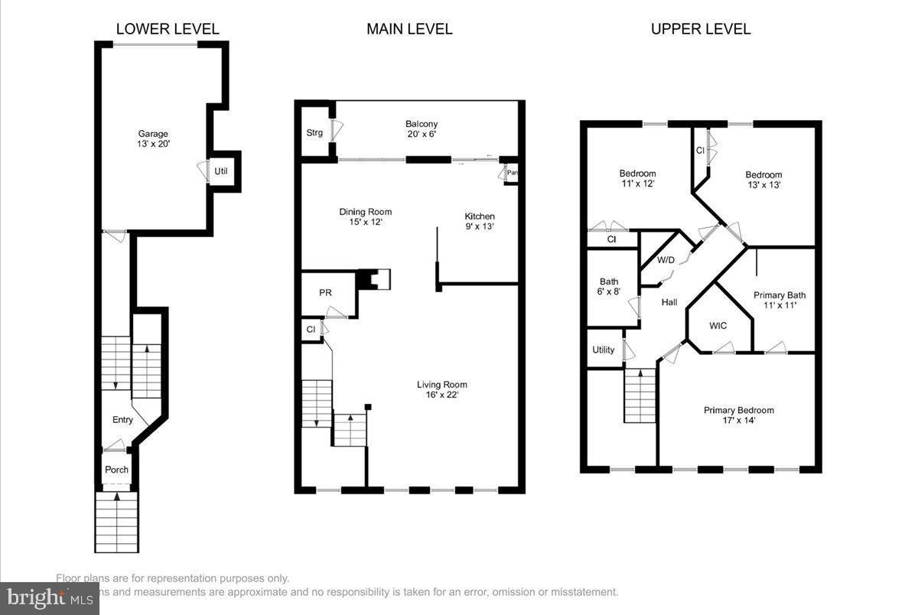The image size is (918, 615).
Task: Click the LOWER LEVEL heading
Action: pos(168,29)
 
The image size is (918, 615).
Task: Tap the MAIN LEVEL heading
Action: pos(409,29)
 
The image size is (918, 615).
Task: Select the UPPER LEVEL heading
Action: pos(700,29)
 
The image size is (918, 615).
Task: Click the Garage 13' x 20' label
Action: pos(153,139)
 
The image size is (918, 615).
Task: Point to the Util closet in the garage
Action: pos(221,171)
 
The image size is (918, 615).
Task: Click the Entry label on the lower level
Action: pos(122,419)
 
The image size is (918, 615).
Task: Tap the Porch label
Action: pos(116,470)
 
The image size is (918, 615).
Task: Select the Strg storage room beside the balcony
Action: pos(314,132)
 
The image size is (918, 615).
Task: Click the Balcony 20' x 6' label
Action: pos(422,129)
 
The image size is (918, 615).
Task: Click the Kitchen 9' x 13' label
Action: pos(480,221)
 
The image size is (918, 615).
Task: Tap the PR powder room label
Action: pos(325,293)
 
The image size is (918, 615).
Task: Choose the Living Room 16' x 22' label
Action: pos(441,389)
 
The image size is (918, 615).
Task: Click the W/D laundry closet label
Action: pos(666,260)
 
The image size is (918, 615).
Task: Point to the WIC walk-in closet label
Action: pos(718,325)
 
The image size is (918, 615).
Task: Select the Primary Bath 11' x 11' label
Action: pos(779,300)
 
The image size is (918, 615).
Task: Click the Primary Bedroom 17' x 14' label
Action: pos(738,415)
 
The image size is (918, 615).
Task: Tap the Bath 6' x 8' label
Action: pos(609,286)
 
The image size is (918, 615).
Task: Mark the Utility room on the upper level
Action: pos(603,350)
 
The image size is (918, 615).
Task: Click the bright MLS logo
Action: pos(49,598)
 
